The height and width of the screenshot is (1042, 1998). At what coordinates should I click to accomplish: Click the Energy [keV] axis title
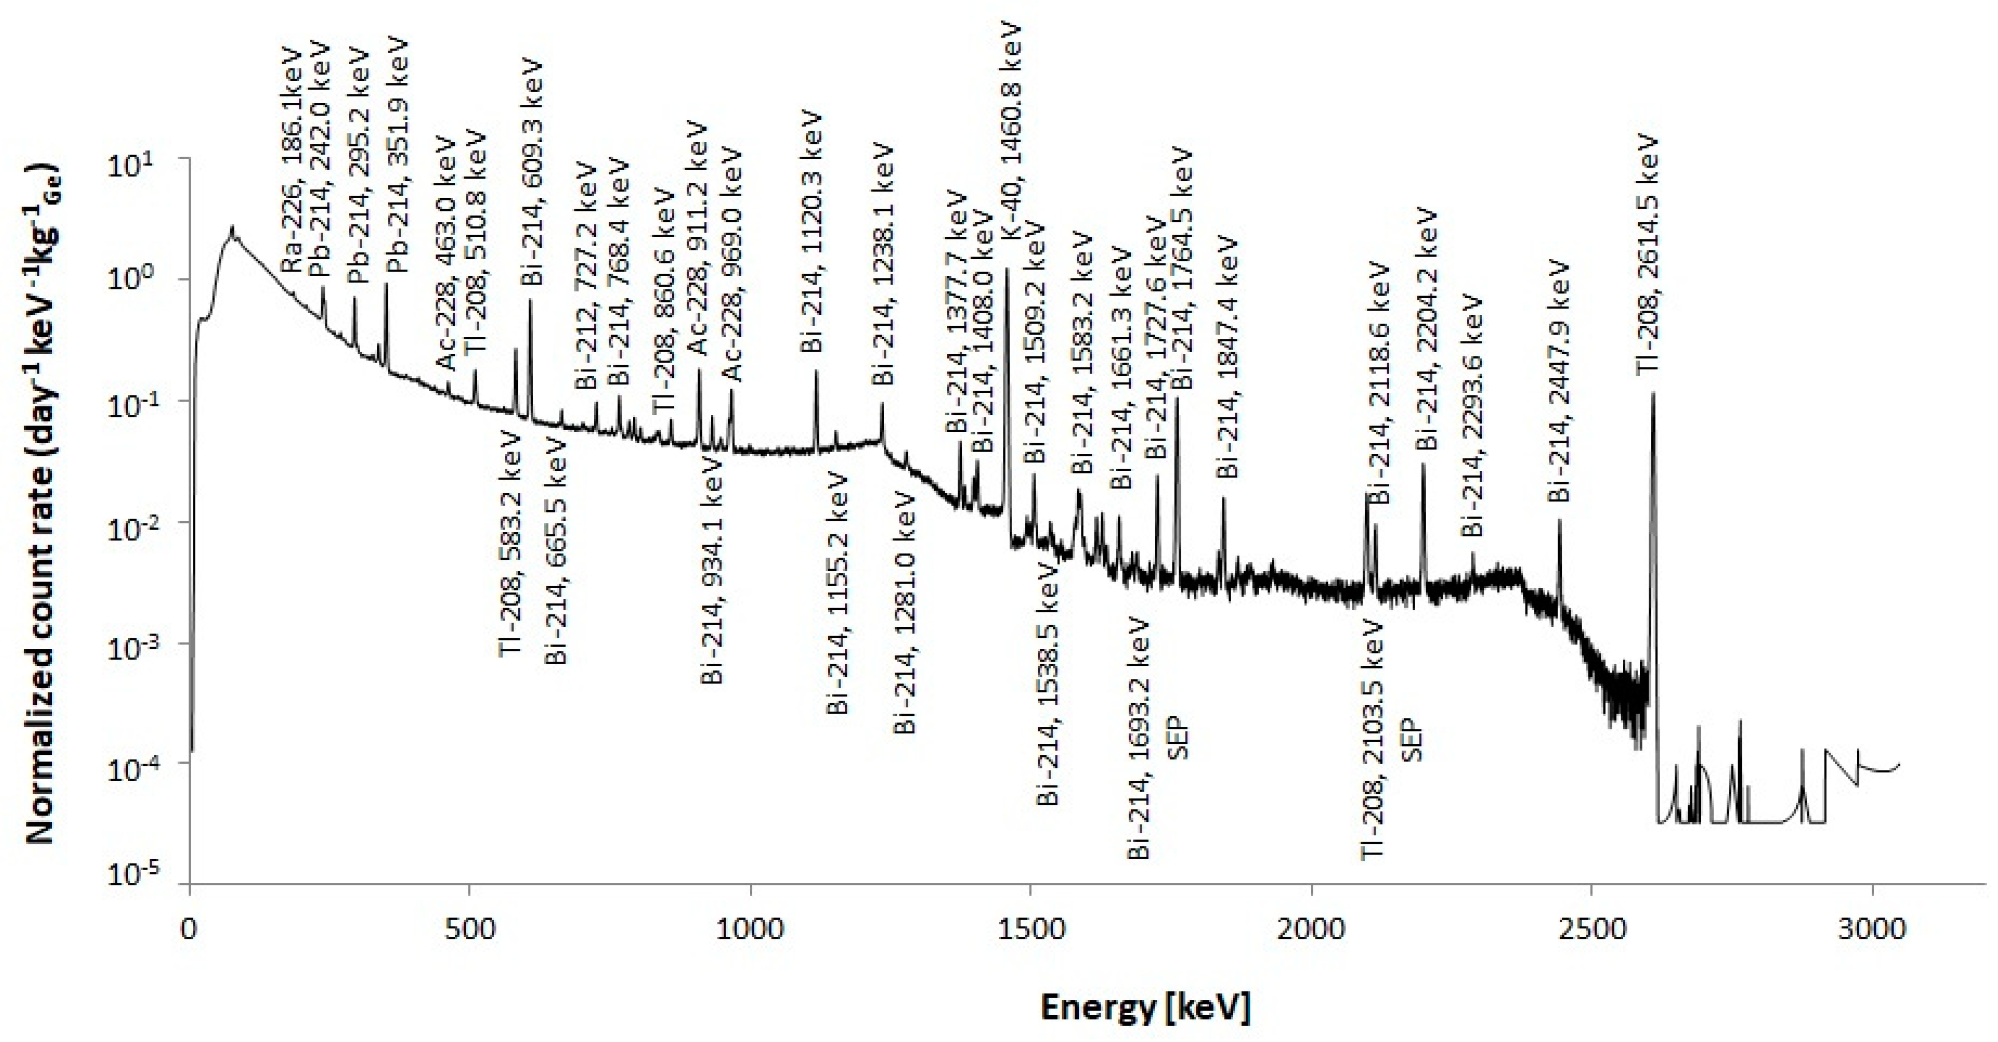[x=1145, y=1008]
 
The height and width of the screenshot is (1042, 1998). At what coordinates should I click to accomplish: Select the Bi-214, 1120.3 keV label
[x=811, y=233]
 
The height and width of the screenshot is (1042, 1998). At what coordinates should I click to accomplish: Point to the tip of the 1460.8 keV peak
[x=1007, y=269]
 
